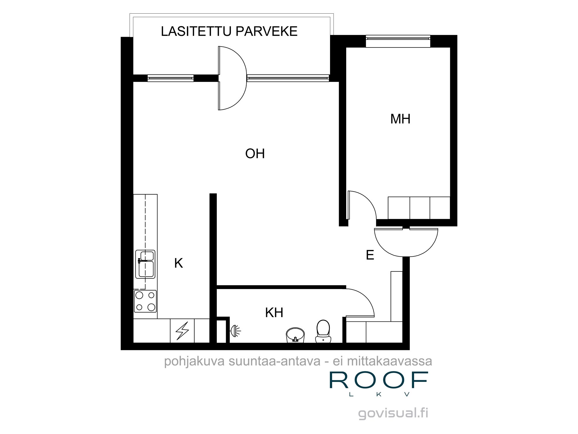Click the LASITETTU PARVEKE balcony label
pyautogui.click(x=229, y=31)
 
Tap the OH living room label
pyautogui.click(x=255, y=154)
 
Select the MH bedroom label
pyautogui.click(x=400, y=119)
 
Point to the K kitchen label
pyautogui.click(x=179, y=263)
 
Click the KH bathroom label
pyautogui.click(x=274, y=312)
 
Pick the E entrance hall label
pyautogui.click(x=370, y=255)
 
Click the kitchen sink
pyautogui.click(x=145, y=264)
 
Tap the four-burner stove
pyautogui.click(x=145, y=301)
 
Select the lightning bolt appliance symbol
pyautogui.click(x=182, y=331)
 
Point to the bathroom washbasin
pyautogui.click(x=295, y=335)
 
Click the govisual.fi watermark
pyautogui.click(x=393, y=413)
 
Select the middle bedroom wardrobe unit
pyautogui.click(x=420, y=208)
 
